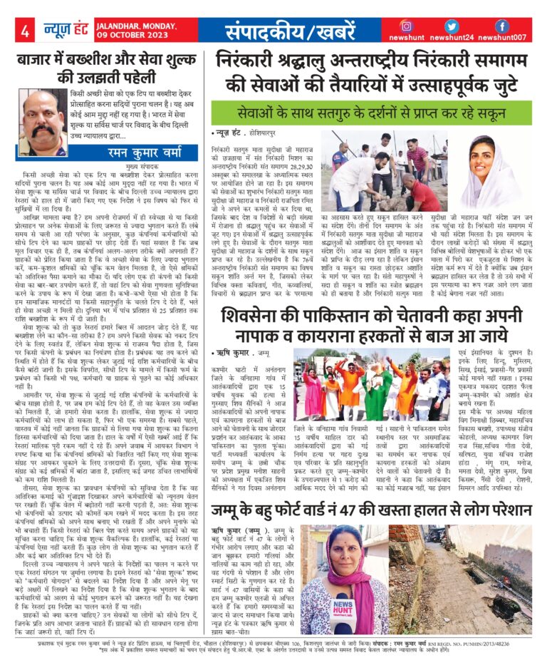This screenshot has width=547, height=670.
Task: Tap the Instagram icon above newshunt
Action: point(407,26)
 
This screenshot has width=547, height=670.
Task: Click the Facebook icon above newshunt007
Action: point(502,26)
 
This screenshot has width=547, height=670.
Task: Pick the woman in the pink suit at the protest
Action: point(311,388)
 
